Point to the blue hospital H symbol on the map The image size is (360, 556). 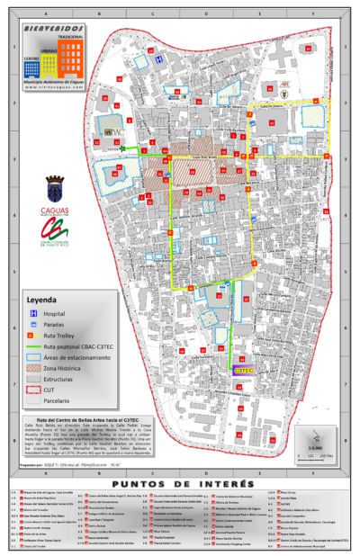157,58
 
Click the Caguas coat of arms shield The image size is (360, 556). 54,191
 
